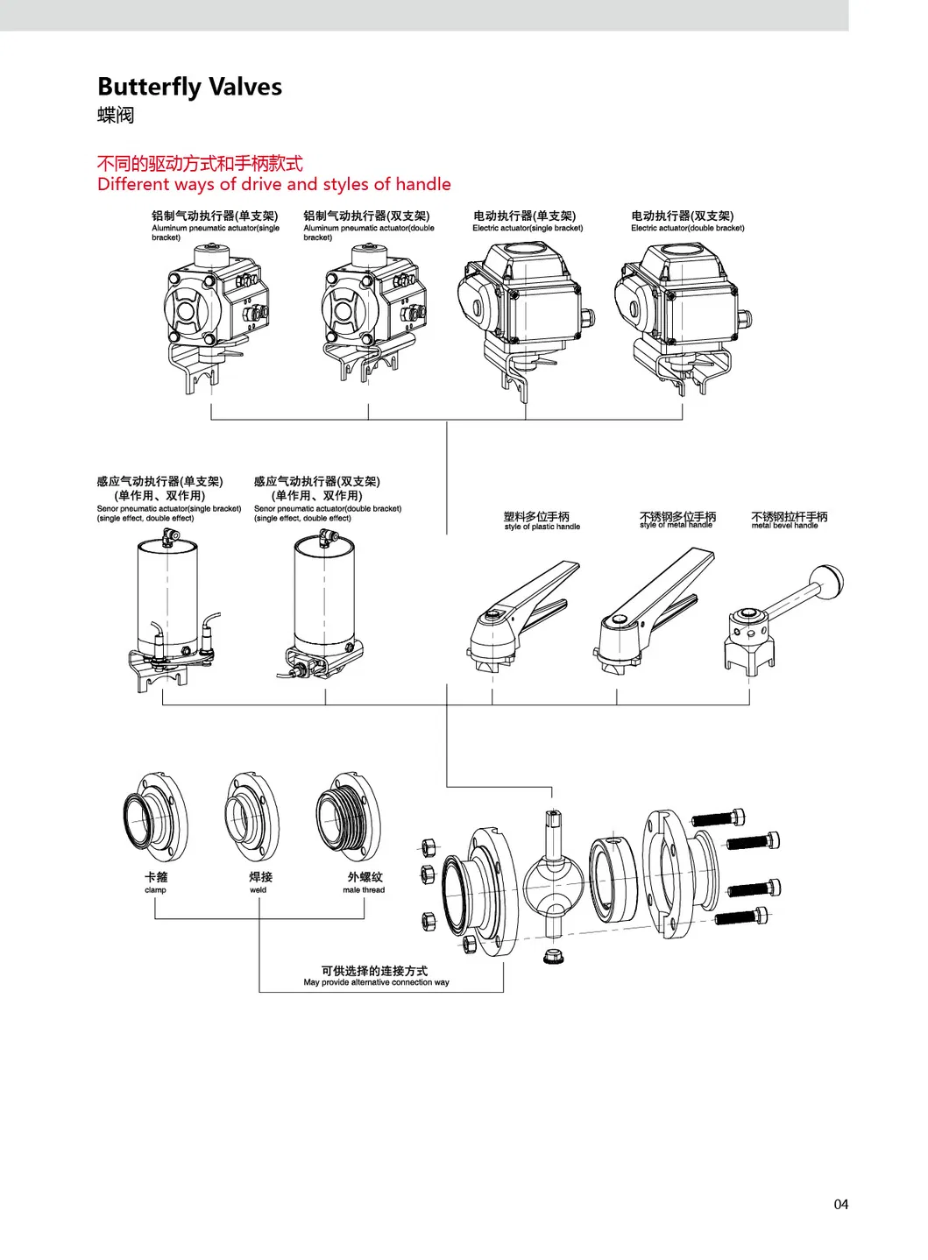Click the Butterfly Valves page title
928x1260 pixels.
click(x=189, y=87)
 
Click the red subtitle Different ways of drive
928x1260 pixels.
click(x=273, y=184)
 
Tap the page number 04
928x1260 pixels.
click(x=840, y=1204)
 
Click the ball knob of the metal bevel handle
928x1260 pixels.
click(x=826, y=580)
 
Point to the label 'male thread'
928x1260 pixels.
click(x=364, y=889)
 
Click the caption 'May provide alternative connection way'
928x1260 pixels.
click(x=376, y=982)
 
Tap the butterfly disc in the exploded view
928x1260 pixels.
click(x=553, y=881)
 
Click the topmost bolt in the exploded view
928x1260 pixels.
click(x=719, y=818)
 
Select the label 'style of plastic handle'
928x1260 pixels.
click(x=542, y=527)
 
